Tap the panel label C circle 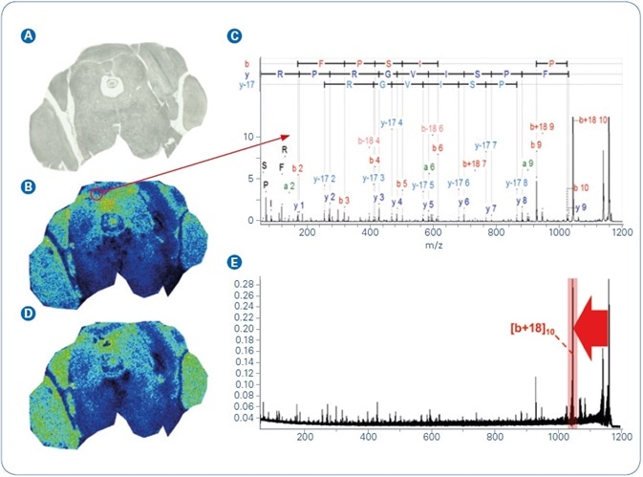point(233,36)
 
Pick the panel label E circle point(233,261)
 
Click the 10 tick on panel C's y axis point(251,138)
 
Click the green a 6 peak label point(430,166)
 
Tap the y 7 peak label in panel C point(491,208)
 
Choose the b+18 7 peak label point(475,163)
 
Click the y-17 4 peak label point(392,123)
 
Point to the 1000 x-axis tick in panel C point(558,232)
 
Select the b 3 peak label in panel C point(345,200)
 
